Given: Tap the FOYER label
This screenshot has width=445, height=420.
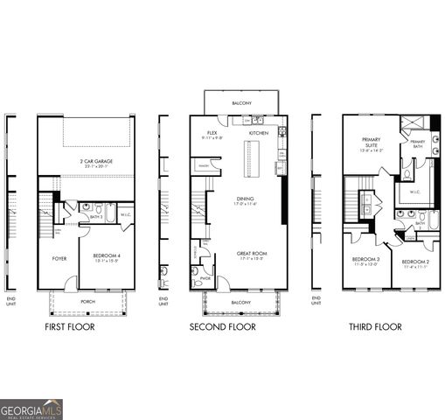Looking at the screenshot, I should coord(59,258).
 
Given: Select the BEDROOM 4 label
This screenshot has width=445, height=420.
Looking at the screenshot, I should coord(106,256).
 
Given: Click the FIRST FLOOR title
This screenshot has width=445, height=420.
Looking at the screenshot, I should coord(70,326).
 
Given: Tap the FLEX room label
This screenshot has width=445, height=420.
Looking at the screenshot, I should coord(212,133).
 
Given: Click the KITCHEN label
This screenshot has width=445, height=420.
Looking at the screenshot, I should coord(259,133).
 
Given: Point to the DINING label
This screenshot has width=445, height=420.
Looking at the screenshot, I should coord(245,199).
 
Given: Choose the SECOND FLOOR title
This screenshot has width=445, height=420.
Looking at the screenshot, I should coord(223,326).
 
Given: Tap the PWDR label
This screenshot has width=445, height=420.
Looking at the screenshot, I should coord(205,278).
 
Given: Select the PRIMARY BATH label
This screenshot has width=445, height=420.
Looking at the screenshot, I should coord(418,143).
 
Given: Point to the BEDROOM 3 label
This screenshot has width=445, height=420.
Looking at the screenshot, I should coord(365,260).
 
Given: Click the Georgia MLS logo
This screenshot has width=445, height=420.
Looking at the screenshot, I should coord(31,409).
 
